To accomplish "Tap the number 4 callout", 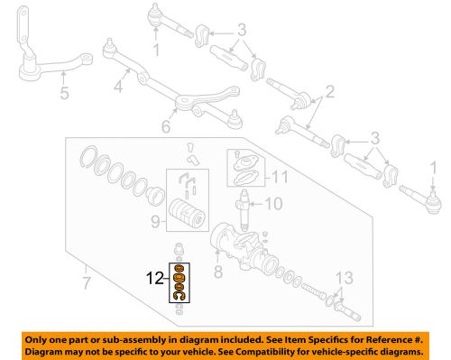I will (x=117, y=89).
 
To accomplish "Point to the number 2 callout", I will (x=330, y=90).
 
